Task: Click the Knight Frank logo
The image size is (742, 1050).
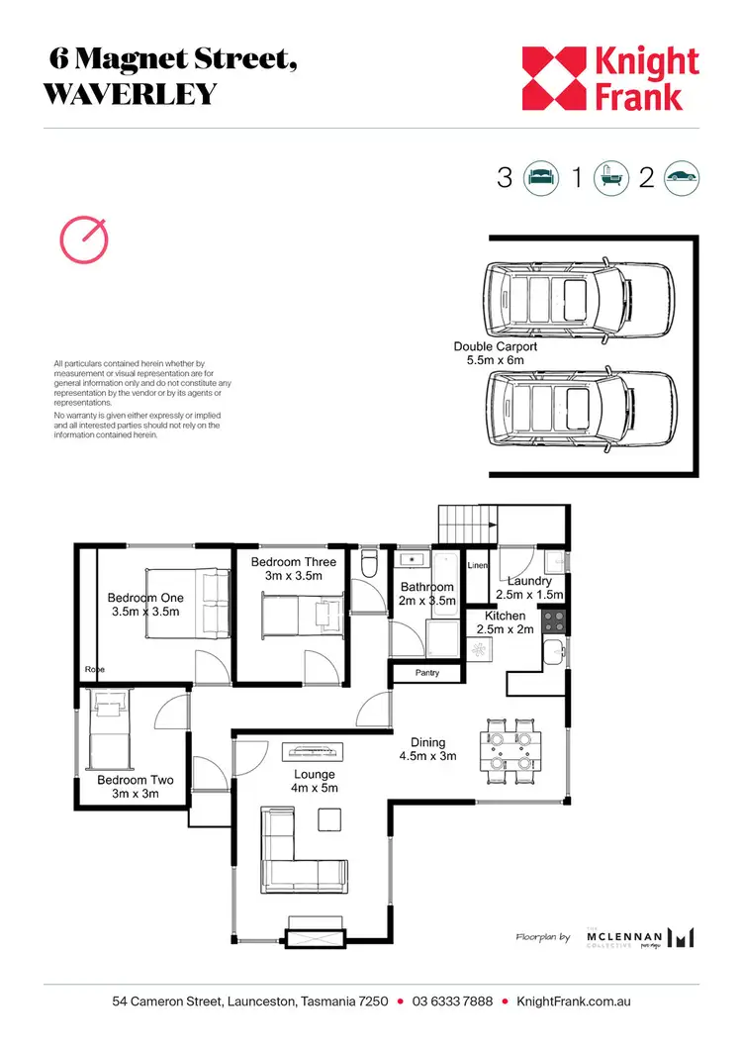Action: (x=610, y=78)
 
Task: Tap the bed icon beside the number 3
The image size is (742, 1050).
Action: (x=540, y=178)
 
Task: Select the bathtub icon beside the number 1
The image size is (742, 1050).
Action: (x=609, y=178)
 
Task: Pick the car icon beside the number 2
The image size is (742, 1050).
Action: (x=682, y=178)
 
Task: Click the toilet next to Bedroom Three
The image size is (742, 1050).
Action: (x=370, y=565)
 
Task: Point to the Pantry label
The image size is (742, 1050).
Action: (x=428, y=674)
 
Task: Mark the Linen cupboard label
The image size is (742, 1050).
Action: (x=477, y=565)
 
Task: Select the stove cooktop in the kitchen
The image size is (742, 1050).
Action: (x=555, y=621)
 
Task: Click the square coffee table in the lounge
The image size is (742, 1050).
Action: (x=329, y=818)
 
